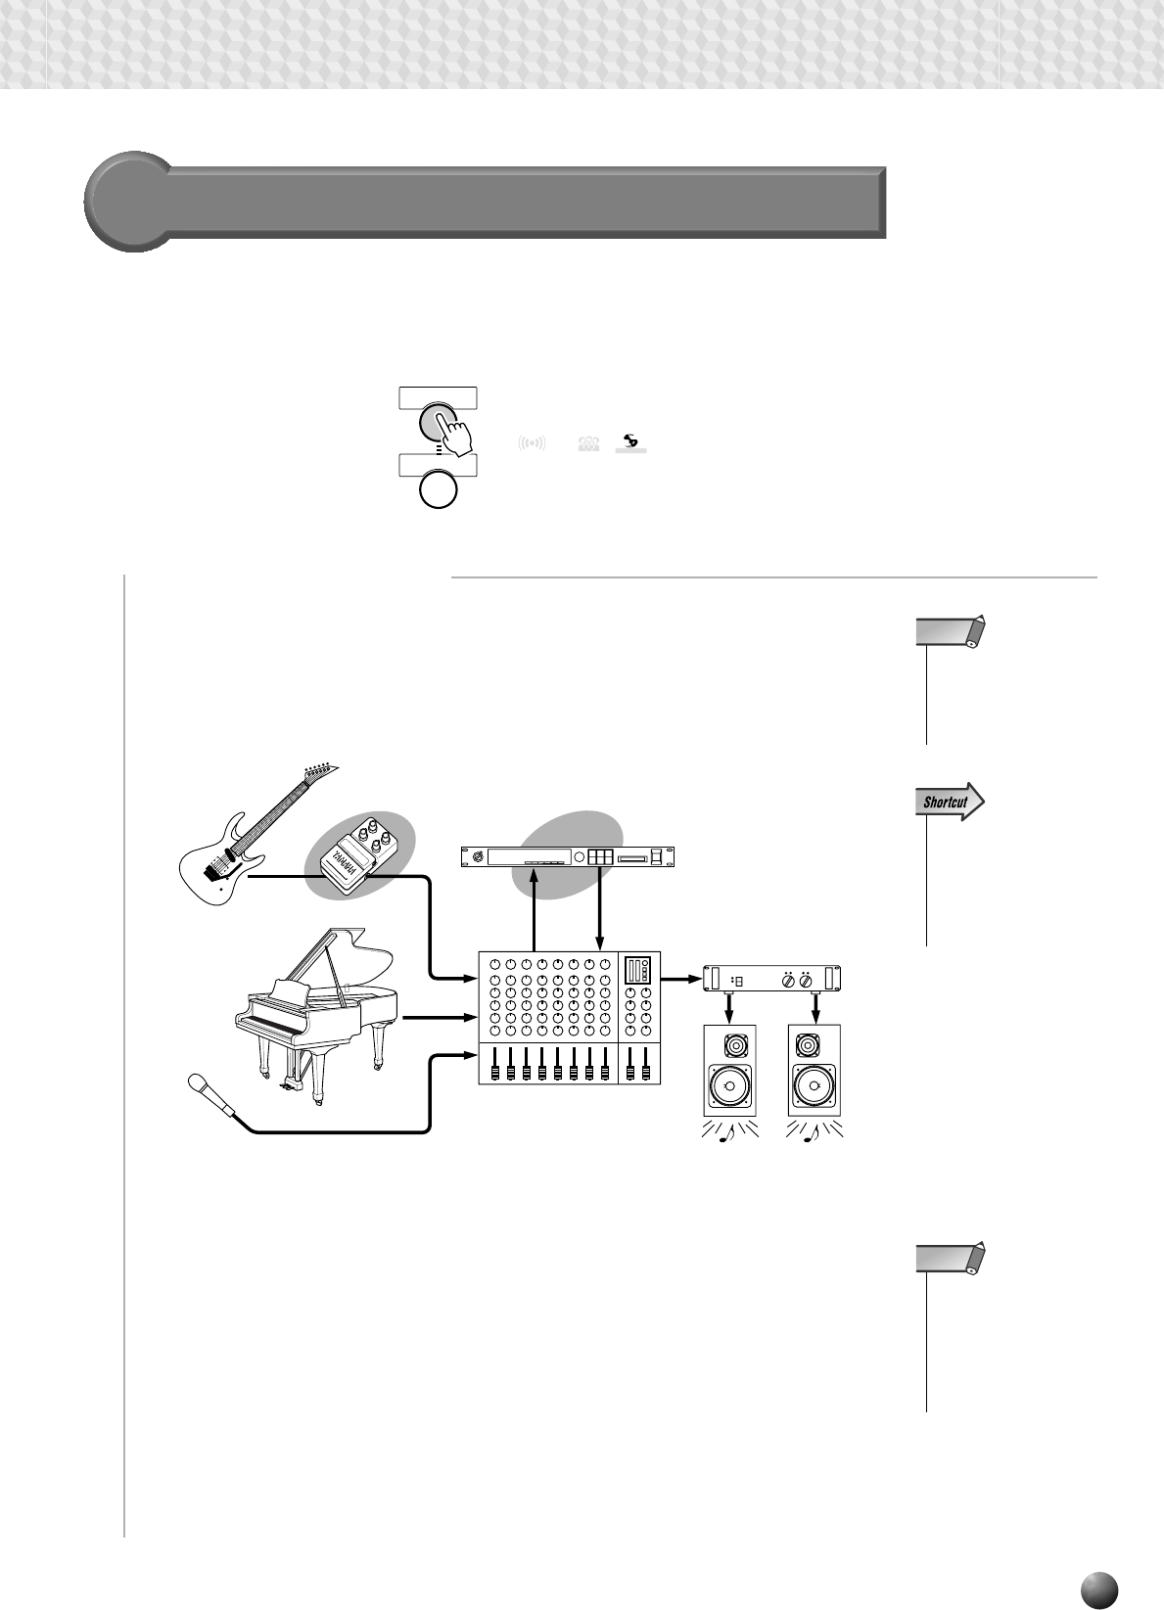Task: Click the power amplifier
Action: pos(772,979)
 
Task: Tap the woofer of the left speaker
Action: pos(728,1086)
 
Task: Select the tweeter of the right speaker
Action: pos(813,1046)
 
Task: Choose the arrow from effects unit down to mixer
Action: pos(599,910)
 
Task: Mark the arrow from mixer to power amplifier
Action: pos(682,978)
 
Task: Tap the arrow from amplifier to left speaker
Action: pos(728,1007)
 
